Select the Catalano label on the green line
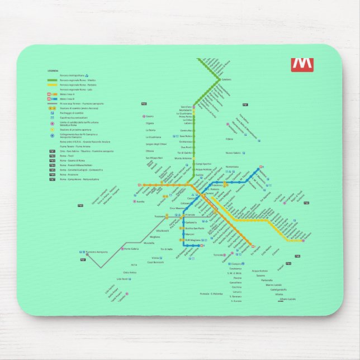pyautogui.click(x=226, y=80)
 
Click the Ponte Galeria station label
pyautogui.click(x=131, y=249)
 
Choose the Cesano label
pyautogui.click(x=149, y=116)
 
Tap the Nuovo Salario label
pyautogui.click(x=233, y=153)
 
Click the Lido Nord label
pyautogui.click(x=122, y=278)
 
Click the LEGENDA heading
pyautogui.click(x=53, y=70)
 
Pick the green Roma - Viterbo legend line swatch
pyautogui.click(x=52, y=80)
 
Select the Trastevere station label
pyautogui.click(x=162, y=216)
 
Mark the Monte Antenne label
pyautogui.click(x=183, y=158)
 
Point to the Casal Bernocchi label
pyautogui.click(x=155, y=262)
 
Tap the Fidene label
pyautogui.click(x=229, y=139)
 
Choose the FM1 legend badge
pyautogui.click(x=52, y=151)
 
